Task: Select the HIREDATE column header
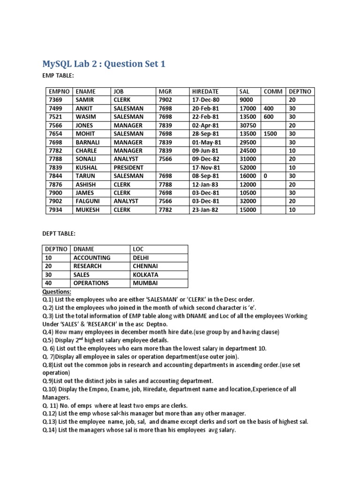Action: tap(205, 91)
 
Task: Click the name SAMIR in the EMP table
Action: tap(84, 100)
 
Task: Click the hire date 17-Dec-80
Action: tap(205, 100)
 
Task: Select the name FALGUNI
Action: tap(88, 201)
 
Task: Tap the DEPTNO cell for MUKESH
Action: tap(292, 210)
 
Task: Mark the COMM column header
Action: tap(273, 91)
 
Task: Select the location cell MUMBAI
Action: tap(145, 283)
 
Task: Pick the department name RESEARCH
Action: tap(87, 266)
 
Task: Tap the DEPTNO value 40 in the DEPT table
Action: tap(49, 283)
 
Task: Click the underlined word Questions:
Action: tap(57, 291)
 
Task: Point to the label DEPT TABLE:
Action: tap(58, 233)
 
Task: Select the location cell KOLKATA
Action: tap(145, 275)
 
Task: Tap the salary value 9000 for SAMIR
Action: tap(246, 100)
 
